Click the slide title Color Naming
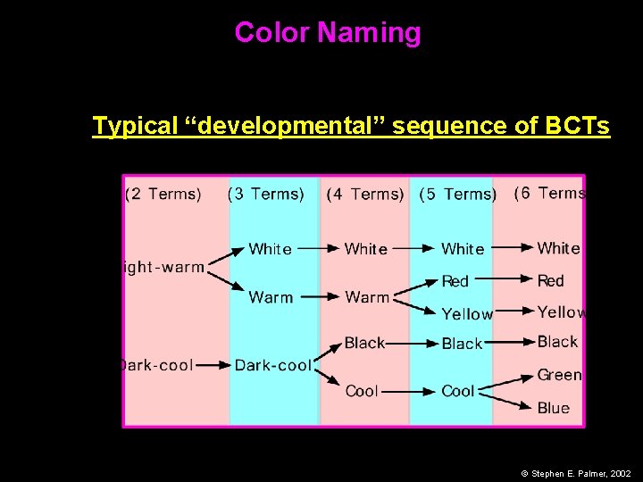pos(327,33)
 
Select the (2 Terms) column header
pos(163,194)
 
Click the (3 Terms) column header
pos(266,194)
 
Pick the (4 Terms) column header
pos(365,195)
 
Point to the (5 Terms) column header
pos(458,195)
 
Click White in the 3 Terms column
pos(270,249)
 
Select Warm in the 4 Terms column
pos(367,297)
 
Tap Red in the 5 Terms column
pos(455,281)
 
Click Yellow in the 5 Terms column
pos(467,314)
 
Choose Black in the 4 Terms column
pos(364,343)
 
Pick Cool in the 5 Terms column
pos(458,391)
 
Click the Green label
pos(559,375)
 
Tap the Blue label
pos(554,408)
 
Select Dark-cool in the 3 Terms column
pos(273,365)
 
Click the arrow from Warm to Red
pos(418,288)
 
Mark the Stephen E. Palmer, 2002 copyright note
pos(575,473)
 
